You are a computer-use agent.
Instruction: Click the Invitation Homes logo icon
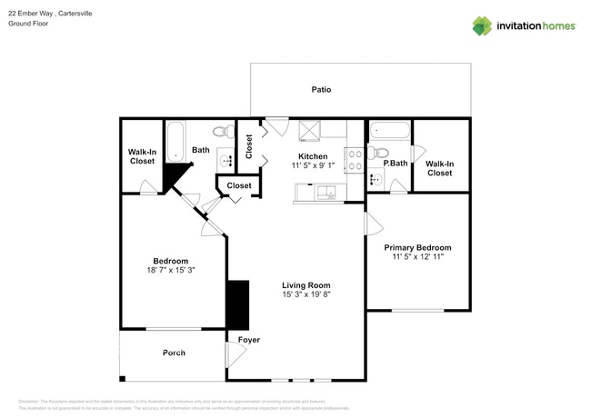click(x=482, y=25)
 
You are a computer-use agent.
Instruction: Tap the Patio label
click(x=321, y=90)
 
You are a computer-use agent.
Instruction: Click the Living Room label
click(x=305, y=284)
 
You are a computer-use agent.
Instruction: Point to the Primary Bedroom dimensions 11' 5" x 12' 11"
click(x=417, y=257)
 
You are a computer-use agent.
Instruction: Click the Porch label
click(x=174, y=353)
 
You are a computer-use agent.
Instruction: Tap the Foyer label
click(x=248, y=340)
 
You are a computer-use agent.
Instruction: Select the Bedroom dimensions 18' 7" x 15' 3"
click(x=171, y=270)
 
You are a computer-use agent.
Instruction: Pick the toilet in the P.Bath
click(x=381, y=152)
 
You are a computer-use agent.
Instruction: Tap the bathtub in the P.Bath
click(x=386, y=130)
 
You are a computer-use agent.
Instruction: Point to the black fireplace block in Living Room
click(x=238, y=304)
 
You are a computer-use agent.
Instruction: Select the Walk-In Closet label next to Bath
click(x=141, y=156)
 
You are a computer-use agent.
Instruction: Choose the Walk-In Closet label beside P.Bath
click(x=439, y=167)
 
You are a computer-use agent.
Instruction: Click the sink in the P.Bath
click(x=376, y=180)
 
